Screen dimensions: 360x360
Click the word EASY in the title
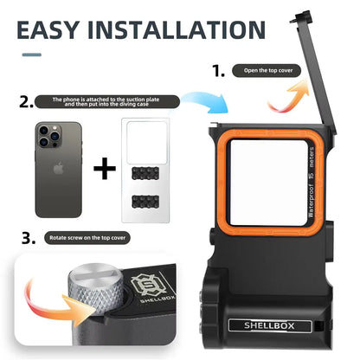66,32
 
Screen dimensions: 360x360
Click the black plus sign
105,165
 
